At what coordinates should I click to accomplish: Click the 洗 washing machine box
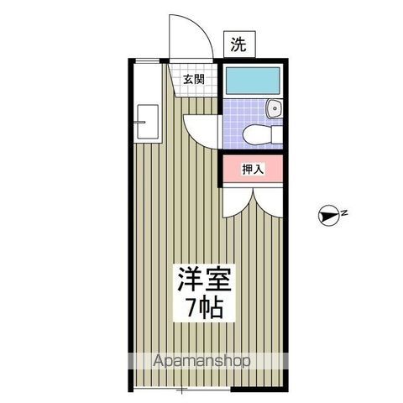coord(239,45)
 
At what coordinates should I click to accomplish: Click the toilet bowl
coord(254,134)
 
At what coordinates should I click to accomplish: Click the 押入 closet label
coord(253,169)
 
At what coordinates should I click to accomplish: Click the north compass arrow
coord(328,217)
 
